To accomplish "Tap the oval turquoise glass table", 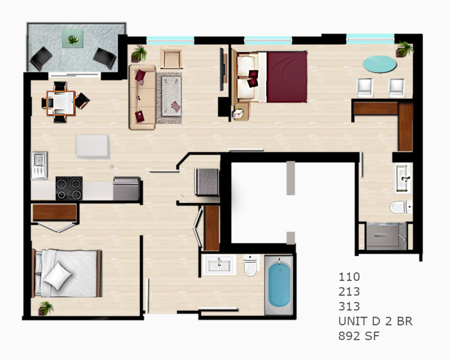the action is point(379,64).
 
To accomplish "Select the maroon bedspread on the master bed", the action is point(287,77).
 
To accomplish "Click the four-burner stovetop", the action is point(69,188).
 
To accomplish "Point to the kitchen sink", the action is point(39,165).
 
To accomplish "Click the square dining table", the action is point(61,103).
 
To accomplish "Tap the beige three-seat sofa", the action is point(142,97).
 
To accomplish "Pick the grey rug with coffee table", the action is point(169,98).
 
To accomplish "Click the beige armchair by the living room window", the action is point(172,58).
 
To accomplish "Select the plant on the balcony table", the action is point(73,39).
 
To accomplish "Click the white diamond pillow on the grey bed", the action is point(58,276).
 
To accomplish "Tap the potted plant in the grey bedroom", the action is point(46,308).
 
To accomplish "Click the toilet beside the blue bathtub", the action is point(250,265).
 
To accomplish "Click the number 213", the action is point(349,292).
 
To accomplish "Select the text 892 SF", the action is point(359,336).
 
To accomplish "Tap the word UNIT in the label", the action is point(353,321).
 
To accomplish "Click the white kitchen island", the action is point(92,146).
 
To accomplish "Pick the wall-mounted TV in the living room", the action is point(221,69).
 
